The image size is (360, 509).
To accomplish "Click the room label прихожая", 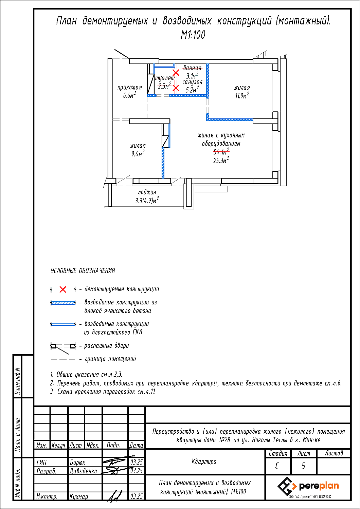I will (129, 88).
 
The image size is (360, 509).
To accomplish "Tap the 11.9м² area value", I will (242, 96).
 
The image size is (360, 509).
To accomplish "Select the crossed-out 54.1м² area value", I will (221, 152).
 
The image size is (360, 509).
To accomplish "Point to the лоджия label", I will (147, 192).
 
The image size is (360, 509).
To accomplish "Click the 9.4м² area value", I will (138, 154).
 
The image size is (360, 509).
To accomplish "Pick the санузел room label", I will (192, 82).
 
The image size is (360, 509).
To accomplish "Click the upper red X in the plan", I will (176, 72).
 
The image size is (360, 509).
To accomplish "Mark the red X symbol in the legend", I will (63, 289).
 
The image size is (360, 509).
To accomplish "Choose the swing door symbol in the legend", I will (63, 346).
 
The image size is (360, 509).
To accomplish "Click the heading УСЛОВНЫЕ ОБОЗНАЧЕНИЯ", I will (83, 271).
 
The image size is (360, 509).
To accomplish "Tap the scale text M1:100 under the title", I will (193, 35).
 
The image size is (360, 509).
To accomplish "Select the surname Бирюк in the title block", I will (77, 463).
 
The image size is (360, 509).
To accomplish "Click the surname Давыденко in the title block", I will (83, 471).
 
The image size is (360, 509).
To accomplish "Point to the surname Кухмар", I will (79, 496).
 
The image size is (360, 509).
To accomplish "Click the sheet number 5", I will (303, 466).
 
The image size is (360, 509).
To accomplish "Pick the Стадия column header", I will (278, 453).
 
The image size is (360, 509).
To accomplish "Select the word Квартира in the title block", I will (204, 461).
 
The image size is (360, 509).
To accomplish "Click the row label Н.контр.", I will (47, 496).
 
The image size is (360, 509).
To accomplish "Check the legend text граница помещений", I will (110, 359).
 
